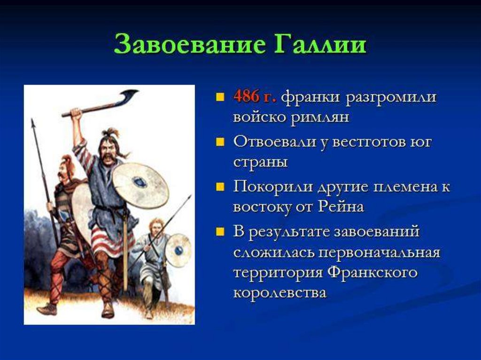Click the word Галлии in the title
(x=319, y=45)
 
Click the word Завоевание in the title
(x=190, y=44)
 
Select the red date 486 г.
(x=255, y=97)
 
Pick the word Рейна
(x=341, y=206)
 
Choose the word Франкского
(x=372, y=273)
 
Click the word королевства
(x=279, y=292)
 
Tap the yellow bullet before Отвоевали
(x=220, y=142)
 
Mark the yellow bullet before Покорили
(x=220, y=186)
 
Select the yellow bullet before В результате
(x=220, y=231)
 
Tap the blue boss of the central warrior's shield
(x=140, y=182)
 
